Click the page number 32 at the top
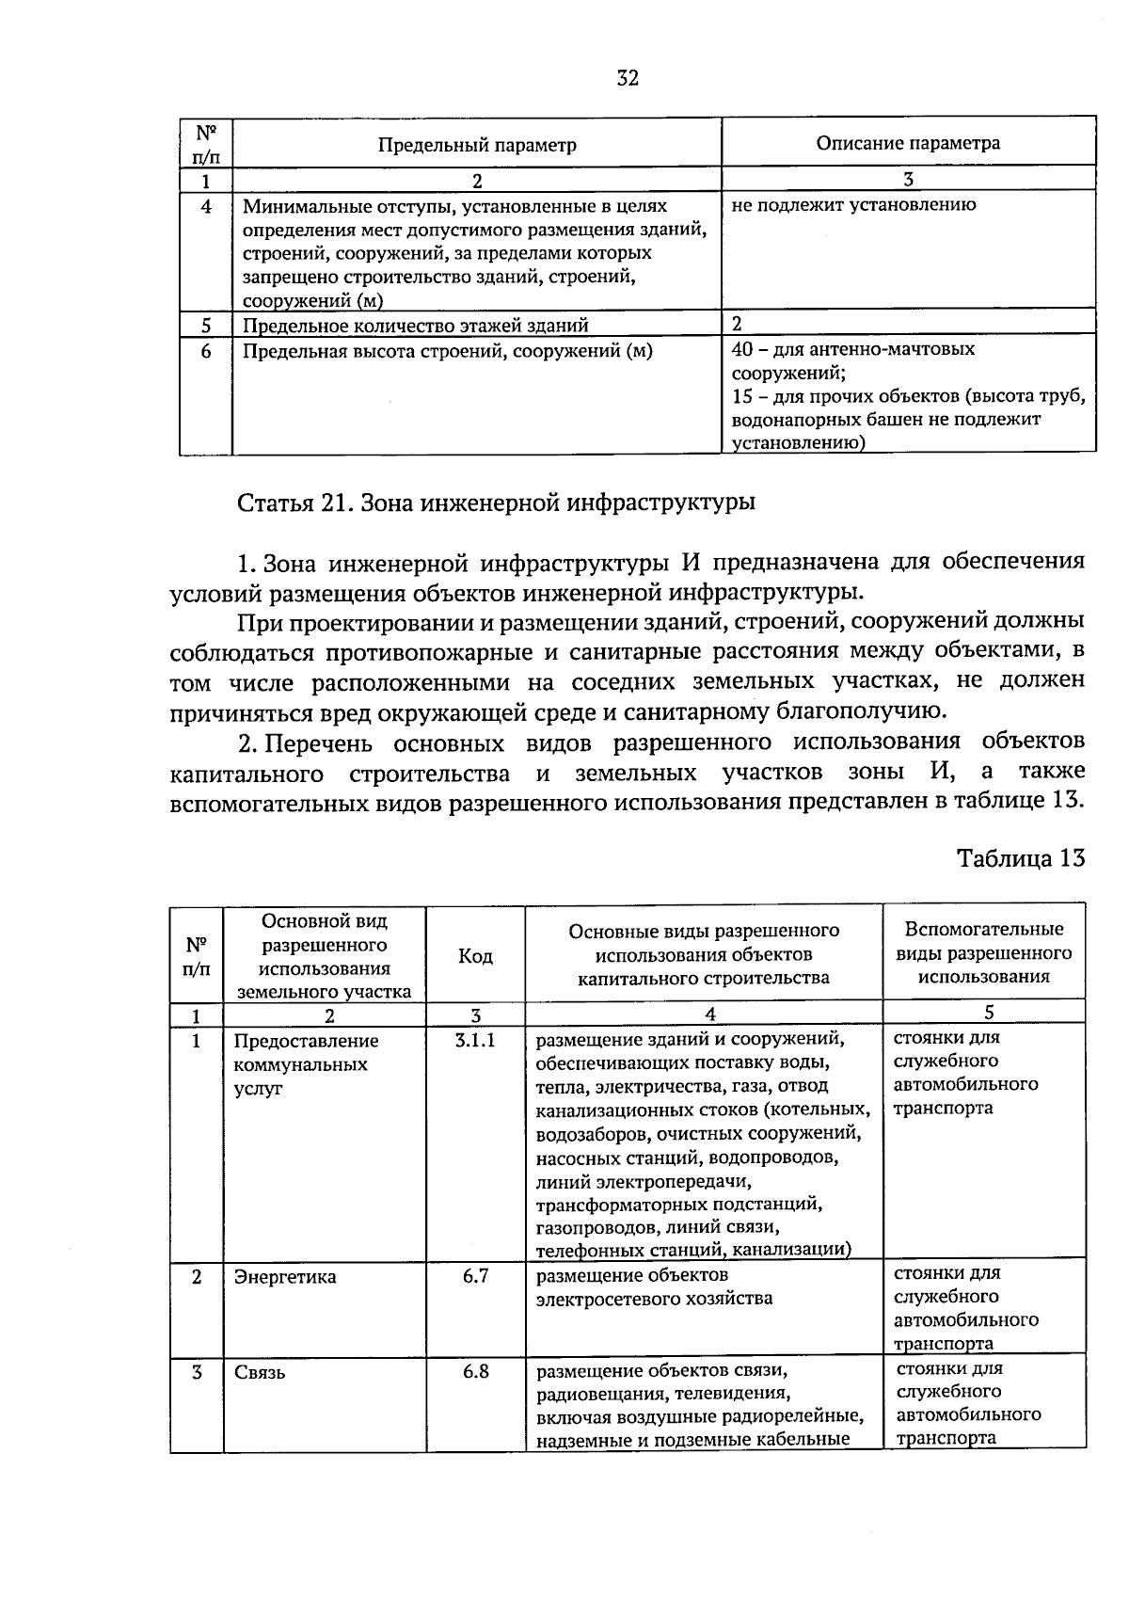tap(628, 79)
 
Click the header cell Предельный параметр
tap(477, 145)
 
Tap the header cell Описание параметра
tap(908, 143)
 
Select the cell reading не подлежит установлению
tap(853, 204)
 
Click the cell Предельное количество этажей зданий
tap(415, 326)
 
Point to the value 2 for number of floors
tap(737, 324)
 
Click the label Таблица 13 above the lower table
tap(1021, 858)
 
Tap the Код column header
tap(475, 956)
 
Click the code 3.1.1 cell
tap(475, 1041)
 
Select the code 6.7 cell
tap(475, 1276)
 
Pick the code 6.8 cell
tap(475, 1371)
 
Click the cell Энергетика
tap(285, 1277)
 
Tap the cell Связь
tap(260, 1372)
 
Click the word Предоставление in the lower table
tap(306, 1041)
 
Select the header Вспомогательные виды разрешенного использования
tap(983, 952)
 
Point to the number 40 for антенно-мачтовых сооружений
tap(741, 349)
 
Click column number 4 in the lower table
tap(709, 1014)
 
